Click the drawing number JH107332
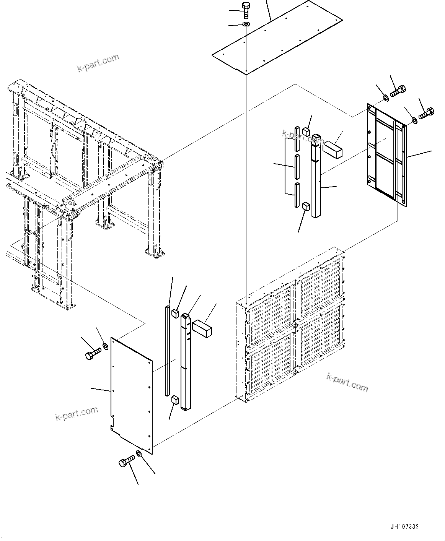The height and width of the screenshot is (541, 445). click(x=404, y=526)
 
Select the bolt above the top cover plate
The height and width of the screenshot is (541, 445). click(x=245, y=9)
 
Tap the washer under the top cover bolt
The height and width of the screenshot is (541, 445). click(x=246, y=25)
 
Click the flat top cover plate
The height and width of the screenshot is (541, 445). click(x=277, y=38)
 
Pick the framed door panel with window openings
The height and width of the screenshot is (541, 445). click(x=386, y=155)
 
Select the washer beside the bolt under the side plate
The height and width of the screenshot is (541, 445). click(x=139, y=454)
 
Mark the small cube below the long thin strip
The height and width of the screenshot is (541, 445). click(x=175, y=400)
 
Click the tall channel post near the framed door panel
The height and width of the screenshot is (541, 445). click(x=316, y=176)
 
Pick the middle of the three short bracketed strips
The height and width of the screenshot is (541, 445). click(x=296, y=167)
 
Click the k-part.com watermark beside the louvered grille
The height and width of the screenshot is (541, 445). click(x=347, y=382)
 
